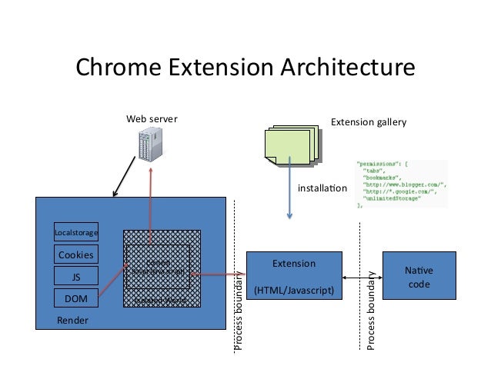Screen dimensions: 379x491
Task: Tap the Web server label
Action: (152, 120)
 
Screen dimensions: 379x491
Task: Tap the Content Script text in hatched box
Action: (158, 267)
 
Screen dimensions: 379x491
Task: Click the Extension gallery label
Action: (368, 121)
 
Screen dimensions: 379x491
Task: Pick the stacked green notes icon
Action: (291, 145)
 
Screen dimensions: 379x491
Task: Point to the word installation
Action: (322, 188)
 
